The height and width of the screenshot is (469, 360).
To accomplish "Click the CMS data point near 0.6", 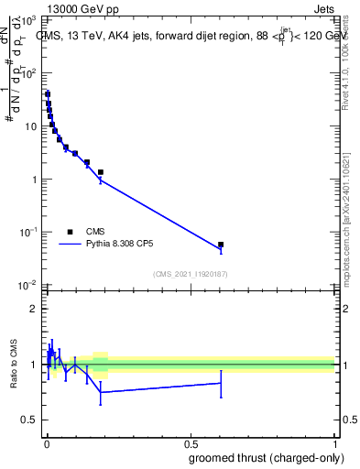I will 221,245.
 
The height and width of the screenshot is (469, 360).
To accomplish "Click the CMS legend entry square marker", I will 71,232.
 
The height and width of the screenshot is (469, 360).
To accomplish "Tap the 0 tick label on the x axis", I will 47,443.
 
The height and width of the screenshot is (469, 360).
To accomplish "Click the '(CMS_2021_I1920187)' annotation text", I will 191,274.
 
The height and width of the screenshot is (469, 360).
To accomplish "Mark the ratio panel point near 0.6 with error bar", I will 221,383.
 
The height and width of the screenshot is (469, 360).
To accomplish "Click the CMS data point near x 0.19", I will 101,172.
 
